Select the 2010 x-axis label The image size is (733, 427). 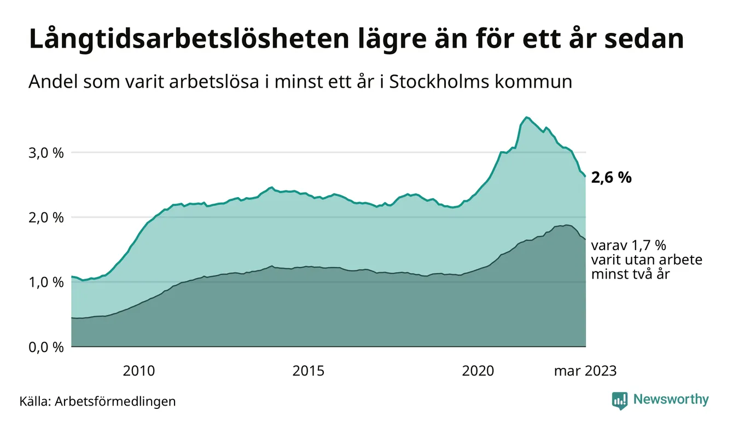coord(138,371)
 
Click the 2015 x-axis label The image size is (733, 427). coord(308,371)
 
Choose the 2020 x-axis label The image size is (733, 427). coord(478,371)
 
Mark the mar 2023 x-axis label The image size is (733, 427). coord(585,371)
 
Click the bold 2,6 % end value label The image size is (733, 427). coord(612,177)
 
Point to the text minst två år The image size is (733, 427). coord(630,274)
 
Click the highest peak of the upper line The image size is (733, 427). coord(526,117)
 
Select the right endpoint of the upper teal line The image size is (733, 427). coord(585,176)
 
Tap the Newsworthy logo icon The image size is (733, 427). coord(620,400)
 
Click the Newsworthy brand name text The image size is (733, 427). coord(671,400)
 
